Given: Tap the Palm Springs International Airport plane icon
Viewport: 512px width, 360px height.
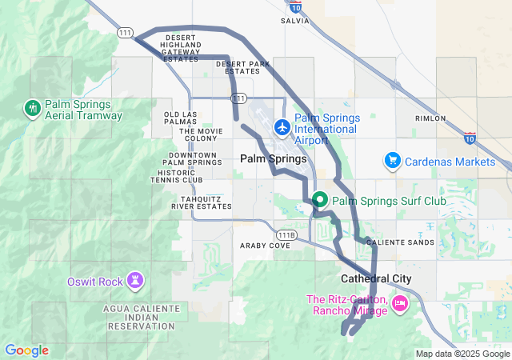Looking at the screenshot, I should click(x=282, y=127).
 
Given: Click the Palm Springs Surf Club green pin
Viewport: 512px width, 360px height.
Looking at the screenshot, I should click(x=320, y=199).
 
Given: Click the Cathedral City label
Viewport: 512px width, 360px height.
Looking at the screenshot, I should click(x=376, y=278).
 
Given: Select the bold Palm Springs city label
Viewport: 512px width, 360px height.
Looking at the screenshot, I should click(x=273, y=159).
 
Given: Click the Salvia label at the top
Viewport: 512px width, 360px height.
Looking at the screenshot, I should click(x=296, y=22).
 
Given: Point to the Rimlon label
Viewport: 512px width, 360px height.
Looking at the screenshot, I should click(x=430, y=118).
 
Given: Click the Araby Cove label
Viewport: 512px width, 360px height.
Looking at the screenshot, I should click(x=266, y=246).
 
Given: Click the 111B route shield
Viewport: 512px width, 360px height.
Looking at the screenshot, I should click(x=286, y=234).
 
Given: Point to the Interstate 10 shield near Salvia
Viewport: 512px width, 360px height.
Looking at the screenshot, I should click(x=296, y=7).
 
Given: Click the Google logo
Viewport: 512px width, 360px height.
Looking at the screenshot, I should click(x=26, y=350).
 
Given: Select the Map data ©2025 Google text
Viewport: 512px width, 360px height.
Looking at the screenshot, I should click(x=461, y=354).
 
